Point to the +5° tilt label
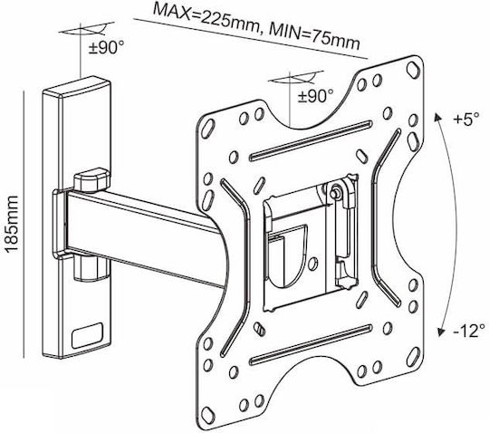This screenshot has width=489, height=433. (x=466, y=120)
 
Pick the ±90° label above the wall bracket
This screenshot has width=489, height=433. (x=106, y=48)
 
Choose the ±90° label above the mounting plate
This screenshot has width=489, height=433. (x=316, y=96)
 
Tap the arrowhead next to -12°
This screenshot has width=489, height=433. (x=441, y=332)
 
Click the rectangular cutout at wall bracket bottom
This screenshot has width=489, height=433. (x=87, y=336)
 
